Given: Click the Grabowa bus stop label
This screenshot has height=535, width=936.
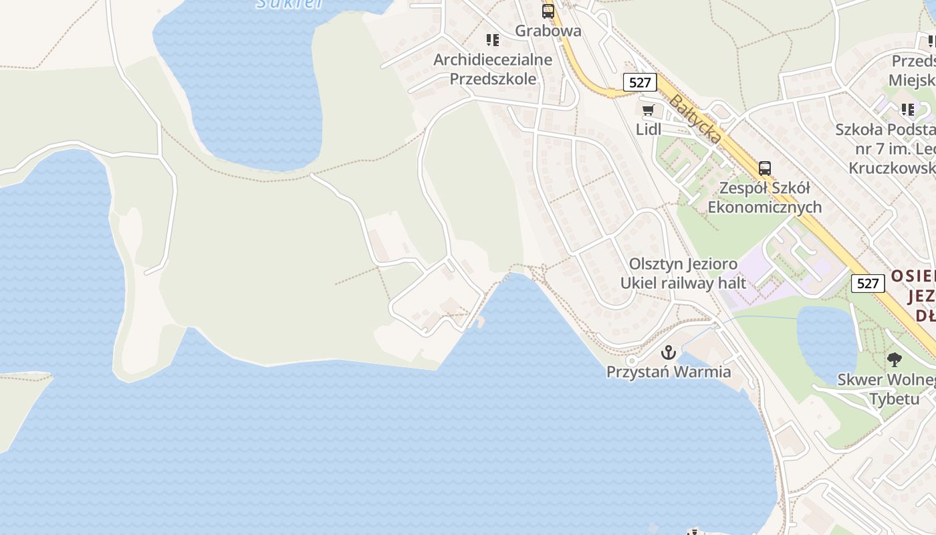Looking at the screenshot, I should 548,31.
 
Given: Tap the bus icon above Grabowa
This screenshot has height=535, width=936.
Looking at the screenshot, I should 548,11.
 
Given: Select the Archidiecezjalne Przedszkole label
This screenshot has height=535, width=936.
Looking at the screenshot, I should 493,69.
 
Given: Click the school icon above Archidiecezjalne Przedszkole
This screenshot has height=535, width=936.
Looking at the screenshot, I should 493,40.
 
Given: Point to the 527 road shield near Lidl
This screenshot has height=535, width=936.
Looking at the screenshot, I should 640,82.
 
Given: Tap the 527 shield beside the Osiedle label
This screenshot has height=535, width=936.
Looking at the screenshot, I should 867,283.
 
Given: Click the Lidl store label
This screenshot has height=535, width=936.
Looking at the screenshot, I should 648,129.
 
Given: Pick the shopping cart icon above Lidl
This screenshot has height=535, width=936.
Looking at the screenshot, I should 648,110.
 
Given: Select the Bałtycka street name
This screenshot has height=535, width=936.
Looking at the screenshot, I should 695,119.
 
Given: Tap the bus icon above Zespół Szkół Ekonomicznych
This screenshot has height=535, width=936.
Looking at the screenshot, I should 765,169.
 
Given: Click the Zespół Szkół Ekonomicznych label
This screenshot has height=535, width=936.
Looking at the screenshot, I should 764,197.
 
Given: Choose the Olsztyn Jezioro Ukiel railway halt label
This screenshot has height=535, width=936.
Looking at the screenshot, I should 683,274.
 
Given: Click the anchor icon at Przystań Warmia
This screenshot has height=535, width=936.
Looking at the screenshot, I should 669,352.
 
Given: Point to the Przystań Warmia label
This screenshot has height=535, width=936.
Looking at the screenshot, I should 669,372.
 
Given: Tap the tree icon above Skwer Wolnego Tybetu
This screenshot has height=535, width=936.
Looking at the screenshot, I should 894,360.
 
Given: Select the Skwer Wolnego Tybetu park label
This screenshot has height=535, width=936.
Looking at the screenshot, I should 886,389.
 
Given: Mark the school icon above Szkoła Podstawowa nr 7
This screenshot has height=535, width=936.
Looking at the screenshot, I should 907,109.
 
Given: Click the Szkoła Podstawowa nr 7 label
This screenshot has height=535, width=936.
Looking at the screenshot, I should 886,148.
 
